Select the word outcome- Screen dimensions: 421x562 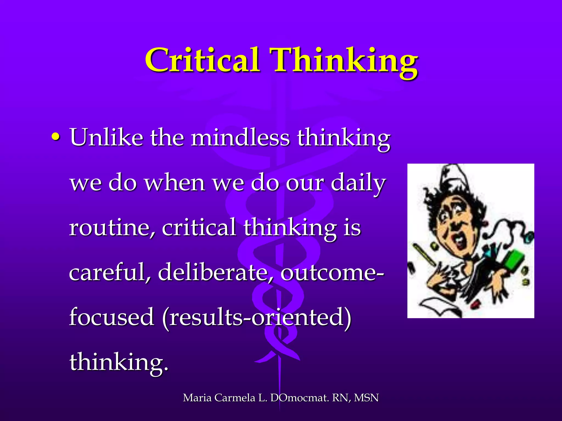(332, 273)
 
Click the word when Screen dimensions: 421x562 (175, 183)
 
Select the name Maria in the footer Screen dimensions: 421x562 (197, 398)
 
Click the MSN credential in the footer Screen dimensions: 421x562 (366, 398)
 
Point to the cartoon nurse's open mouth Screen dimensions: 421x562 (458, 241)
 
